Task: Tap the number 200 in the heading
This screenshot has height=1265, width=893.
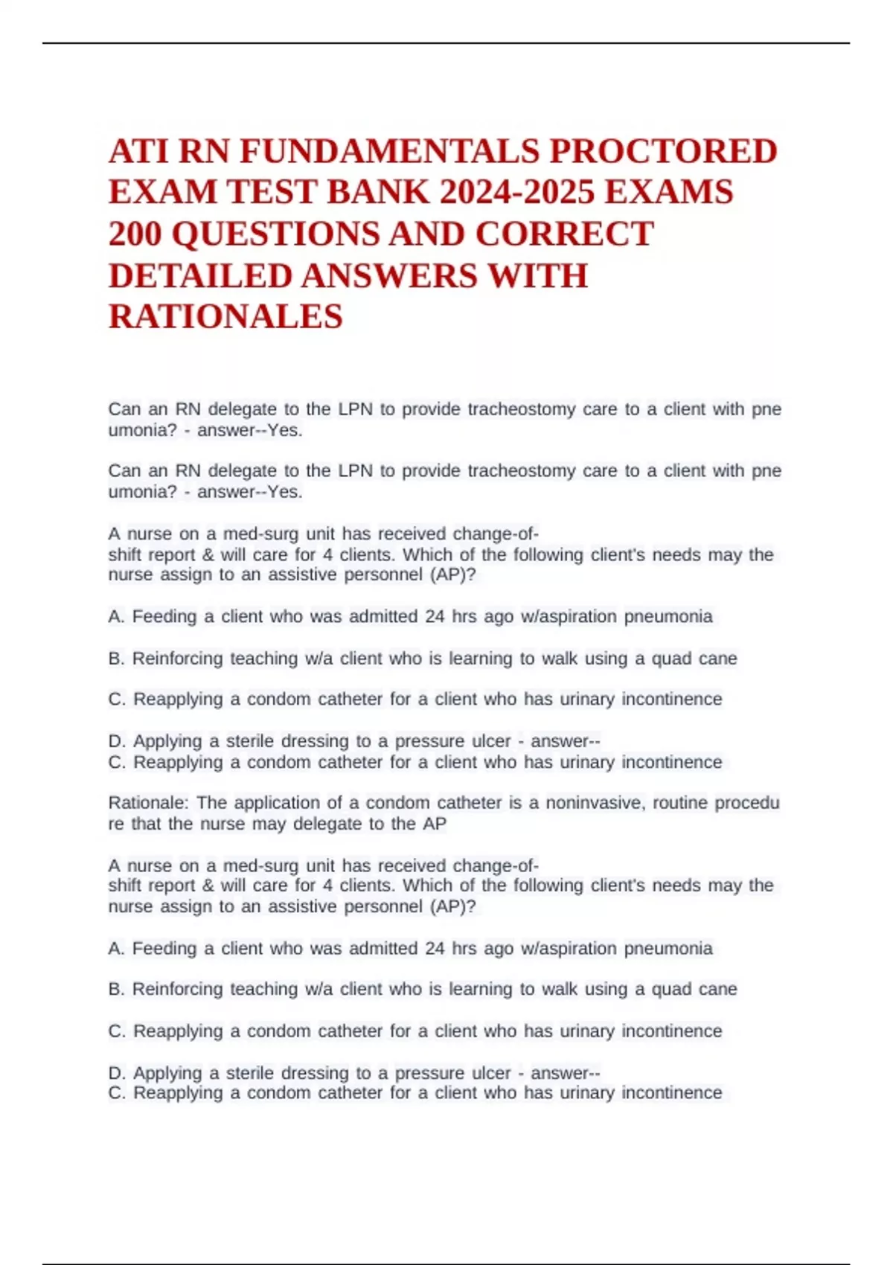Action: (135, 234)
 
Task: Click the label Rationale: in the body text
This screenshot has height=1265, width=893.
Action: (149, 803)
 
